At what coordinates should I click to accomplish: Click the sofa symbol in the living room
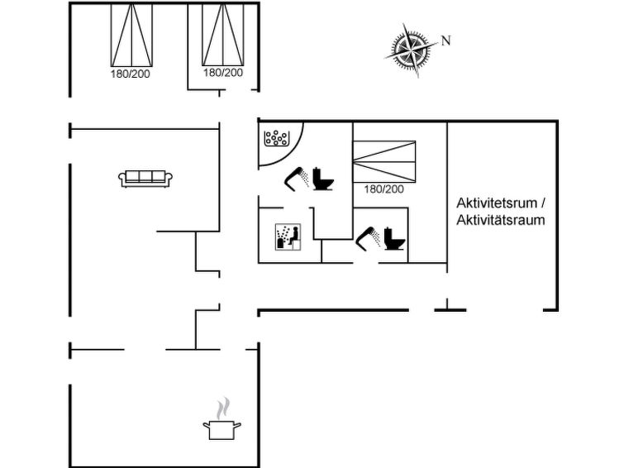(145, 179)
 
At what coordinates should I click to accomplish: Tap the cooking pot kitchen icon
(221, 430)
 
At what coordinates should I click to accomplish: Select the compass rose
(412, 50)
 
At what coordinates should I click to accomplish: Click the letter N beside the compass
(445, 41)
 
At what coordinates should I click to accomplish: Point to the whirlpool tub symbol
(278, 138)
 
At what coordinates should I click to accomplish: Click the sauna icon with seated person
(288, 237)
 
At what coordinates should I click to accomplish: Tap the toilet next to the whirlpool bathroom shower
(323, 179)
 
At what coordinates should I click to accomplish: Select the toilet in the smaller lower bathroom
(394, 239)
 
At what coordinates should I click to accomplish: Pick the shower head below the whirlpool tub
(297, 179)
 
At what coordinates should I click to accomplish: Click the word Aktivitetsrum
(496, 203)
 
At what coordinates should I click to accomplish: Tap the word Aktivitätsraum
(501, 220)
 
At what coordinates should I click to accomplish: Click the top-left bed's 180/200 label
(130, 74)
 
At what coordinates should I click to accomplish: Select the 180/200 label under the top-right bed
(223, 73)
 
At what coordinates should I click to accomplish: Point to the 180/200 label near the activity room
(383, 189)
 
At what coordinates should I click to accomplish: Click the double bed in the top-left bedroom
(131, 35)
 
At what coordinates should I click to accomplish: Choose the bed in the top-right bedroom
(223, 34)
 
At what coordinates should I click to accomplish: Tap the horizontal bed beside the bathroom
(384, 161)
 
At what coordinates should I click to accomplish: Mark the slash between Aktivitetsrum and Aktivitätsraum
(542, 203)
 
